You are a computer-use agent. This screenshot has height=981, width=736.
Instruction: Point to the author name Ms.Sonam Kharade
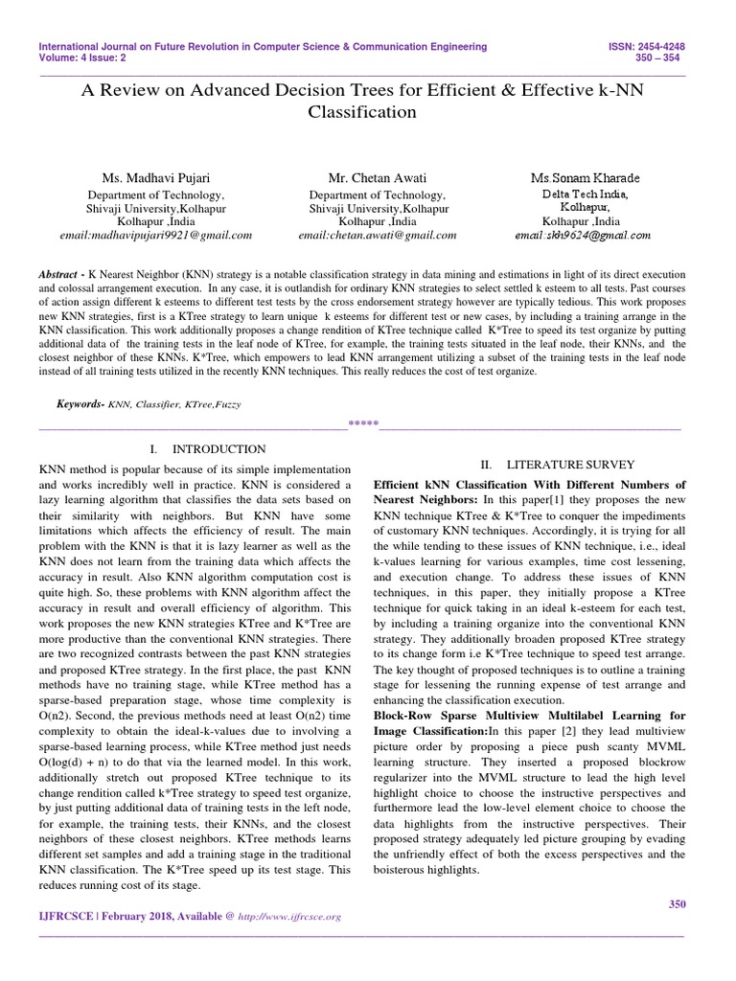(586, 178)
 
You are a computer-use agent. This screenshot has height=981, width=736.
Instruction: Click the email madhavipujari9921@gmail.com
(156, 234)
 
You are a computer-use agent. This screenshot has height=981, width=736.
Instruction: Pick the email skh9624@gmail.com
(583, 234)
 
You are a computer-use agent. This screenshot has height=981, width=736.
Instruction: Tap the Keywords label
(79, 404)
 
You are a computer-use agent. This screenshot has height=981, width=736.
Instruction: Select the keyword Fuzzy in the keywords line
(227, 404)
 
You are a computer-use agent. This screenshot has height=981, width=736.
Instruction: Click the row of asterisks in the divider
(363, 423)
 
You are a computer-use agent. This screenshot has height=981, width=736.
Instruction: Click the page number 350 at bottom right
(676, 903)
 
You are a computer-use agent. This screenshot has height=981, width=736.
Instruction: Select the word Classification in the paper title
(362, 112)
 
